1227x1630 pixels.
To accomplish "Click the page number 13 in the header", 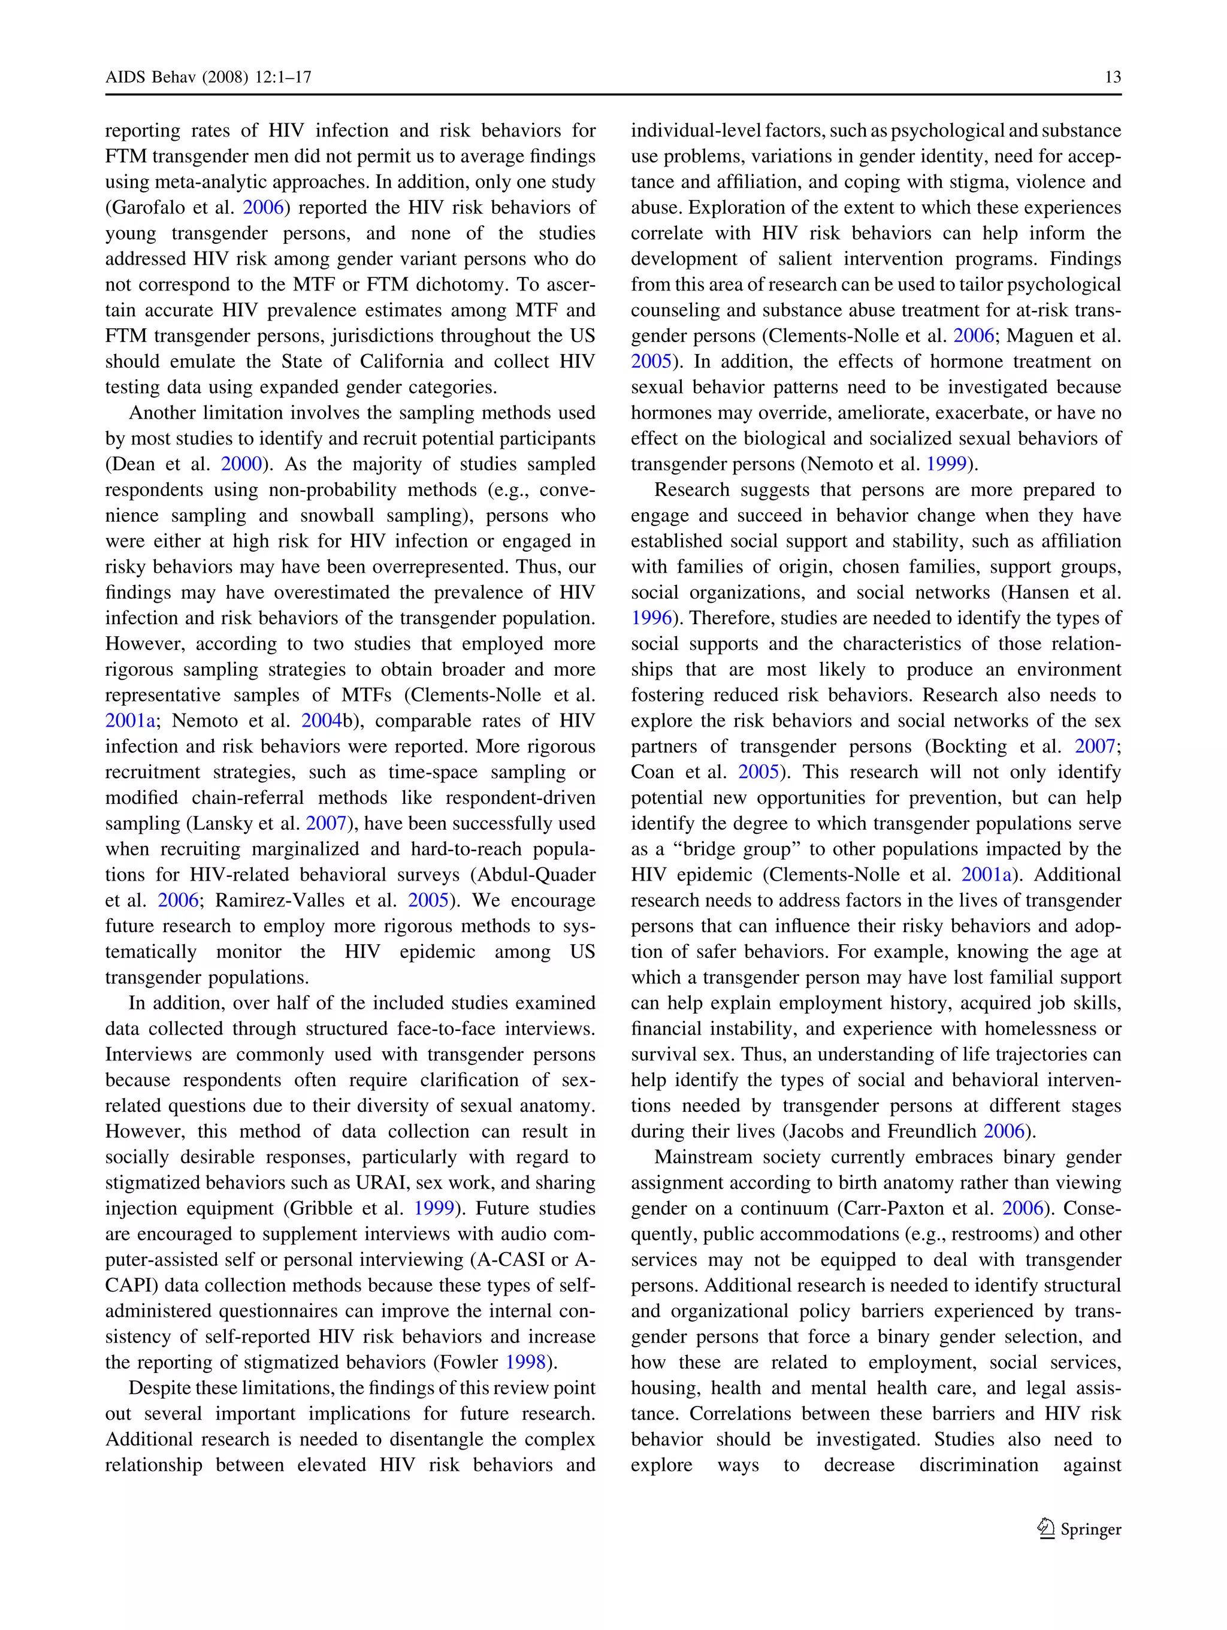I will pyautogui.click(x=1113, y=77).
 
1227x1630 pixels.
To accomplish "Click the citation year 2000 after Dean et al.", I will pyautogui.click(x=241, y=464).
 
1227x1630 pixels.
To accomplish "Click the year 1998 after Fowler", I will pyautogui.click(x=525, y=1362).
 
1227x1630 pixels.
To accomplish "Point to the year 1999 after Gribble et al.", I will pyautogui.click(x=434, y=1208).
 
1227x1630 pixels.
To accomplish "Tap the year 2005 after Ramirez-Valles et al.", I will pyautogui.click(x=429, y=900).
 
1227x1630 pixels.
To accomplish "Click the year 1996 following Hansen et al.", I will pyautogui.click(x=651, y=618).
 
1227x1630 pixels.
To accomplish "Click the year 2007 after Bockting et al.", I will pyautogui.click(x=1095, y=746).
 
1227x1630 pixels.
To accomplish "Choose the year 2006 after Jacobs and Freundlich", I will pyautogui.click(x=1005, y=1132).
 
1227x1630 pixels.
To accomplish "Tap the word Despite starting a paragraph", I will pyautogui.click(x=162, y=1389).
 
